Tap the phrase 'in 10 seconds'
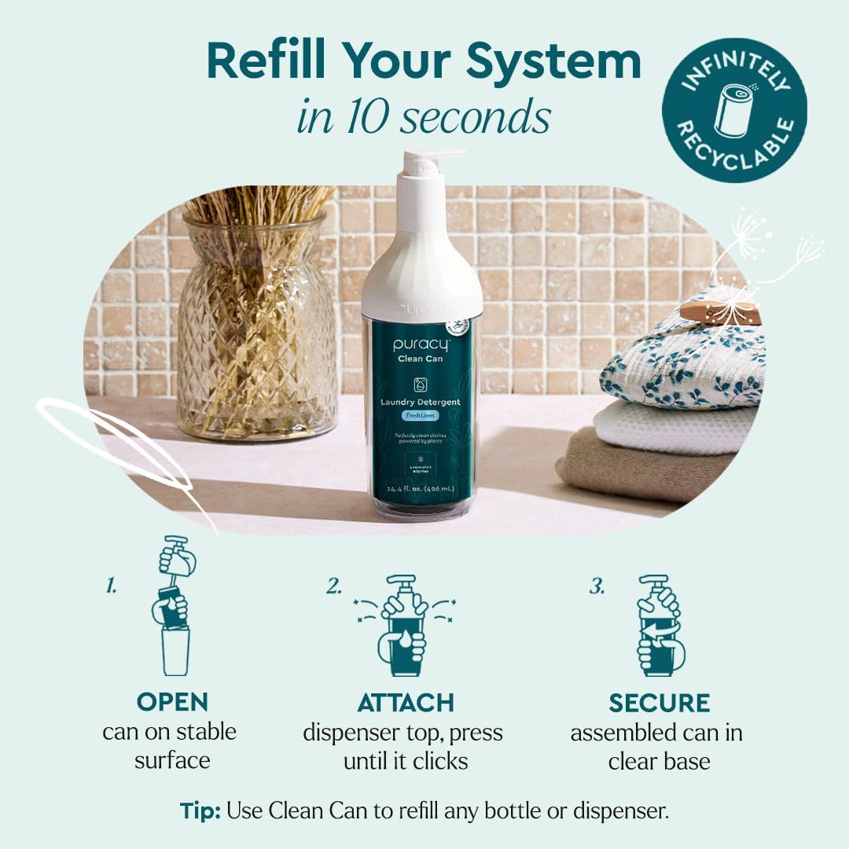(x=424, y=118)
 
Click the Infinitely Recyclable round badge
(x=734, y=110)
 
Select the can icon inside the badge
(x=733, y=110)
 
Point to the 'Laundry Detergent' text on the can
(x=425, y=402)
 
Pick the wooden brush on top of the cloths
(x=719, y=312)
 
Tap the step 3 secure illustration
(x=660, y=625)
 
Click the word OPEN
(x=171, y=702)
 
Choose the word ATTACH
(x=405, y=702)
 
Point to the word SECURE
(x=659, y=702)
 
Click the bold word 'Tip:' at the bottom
(x=200, y=811)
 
